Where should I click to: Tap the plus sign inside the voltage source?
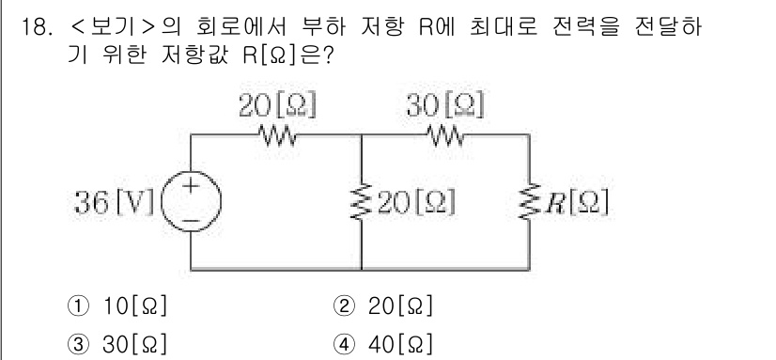click(x=192, y=188)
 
